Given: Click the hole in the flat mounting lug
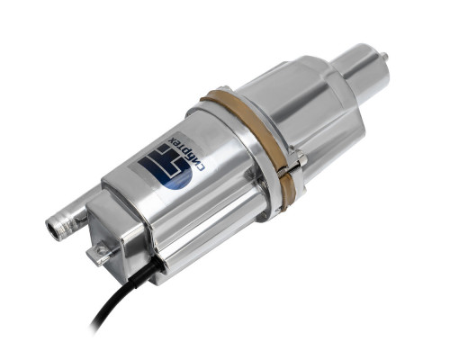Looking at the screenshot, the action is click(103, 249).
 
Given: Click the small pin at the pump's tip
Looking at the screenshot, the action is click(384, 56).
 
